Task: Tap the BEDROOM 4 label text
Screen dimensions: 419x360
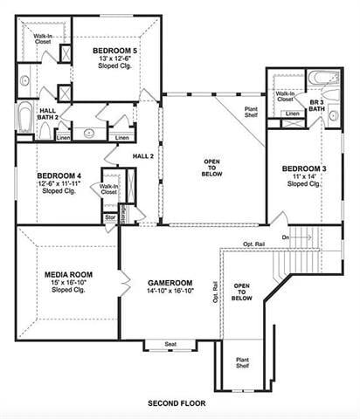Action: (60, 174)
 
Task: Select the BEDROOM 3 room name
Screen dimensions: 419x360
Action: (304, 168)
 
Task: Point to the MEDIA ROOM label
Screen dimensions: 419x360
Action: (68, 274)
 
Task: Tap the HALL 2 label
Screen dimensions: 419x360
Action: (143, 155)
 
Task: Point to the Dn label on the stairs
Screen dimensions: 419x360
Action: (285, 236)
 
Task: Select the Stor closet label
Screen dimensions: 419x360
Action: (110, 217)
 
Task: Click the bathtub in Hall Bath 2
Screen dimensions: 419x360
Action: (24, 121)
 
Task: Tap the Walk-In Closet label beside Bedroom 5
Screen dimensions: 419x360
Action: (42, 38)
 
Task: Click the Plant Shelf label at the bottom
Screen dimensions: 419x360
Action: (242, 362)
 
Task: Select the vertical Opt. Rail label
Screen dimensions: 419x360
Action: (214, 292)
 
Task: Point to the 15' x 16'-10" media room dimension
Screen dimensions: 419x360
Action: (68, 282)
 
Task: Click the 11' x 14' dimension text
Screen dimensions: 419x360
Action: (303, 175)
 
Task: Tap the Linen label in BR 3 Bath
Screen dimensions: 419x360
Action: (294, 113)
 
